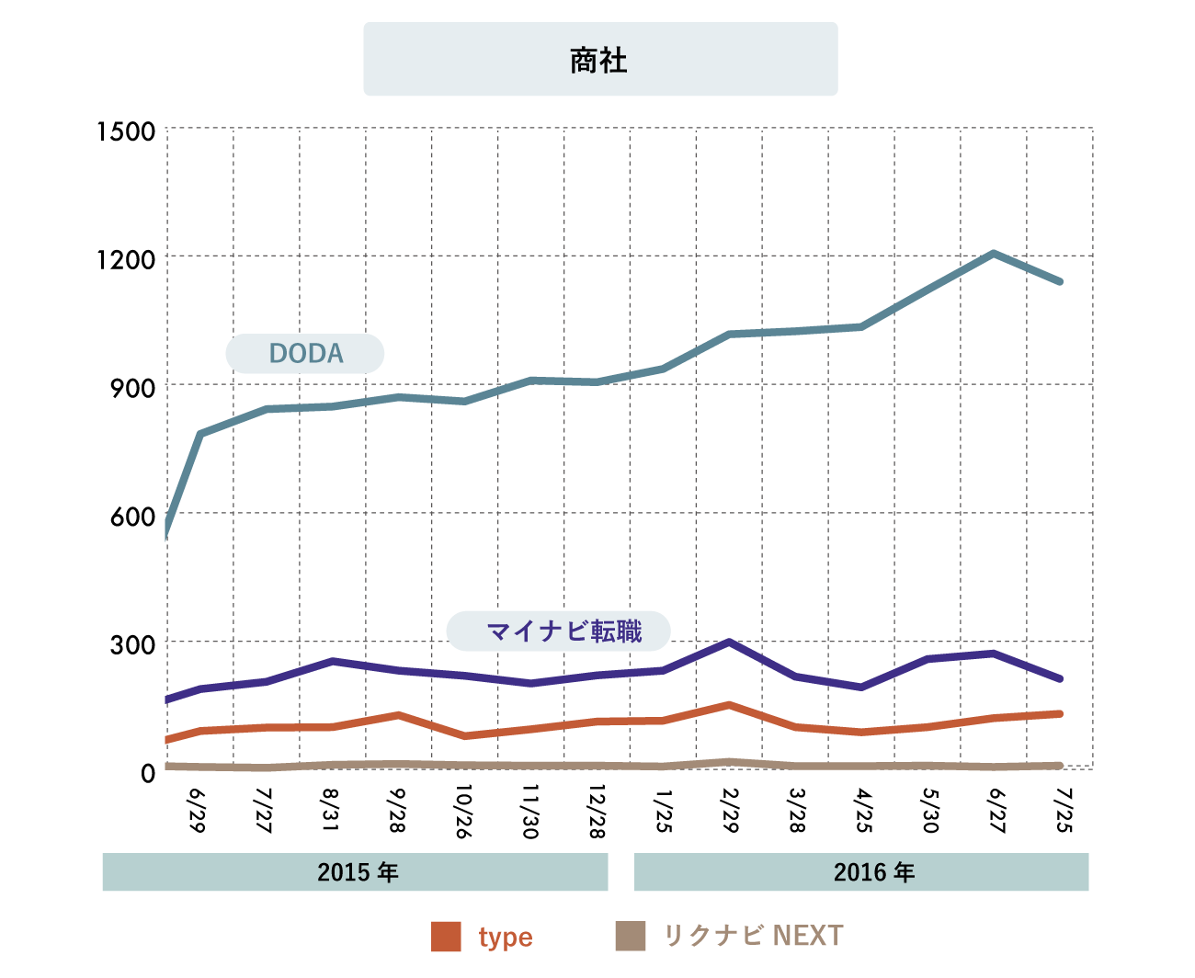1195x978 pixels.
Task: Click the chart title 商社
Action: [x=599, y=61]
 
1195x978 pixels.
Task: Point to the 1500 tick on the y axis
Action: [x=127, y=131]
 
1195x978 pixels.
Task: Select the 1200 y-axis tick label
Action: [x=127, y=260]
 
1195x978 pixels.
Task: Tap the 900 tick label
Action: [x=133, y=389]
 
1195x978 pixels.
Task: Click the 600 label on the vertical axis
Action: [x=133, y=517]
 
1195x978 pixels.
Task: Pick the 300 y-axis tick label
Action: [x=133, y=645]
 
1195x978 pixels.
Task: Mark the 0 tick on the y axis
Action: [x=148, y=774]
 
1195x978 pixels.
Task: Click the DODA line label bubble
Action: [x=305, y=354]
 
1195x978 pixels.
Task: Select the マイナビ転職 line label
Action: [x=559, y=631]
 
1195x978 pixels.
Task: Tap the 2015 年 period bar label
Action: [x=357, y=872]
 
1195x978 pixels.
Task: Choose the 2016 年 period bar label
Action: [x=873, y=872]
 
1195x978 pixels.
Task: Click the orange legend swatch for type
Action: [x=446, y=937]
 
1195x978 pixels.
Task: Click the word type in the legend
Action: [x=506, y=938]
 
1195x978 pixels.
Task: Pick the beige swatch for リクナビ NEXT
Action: [x=630, y=937]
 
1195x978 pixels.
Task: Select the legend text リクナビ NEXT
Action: [x=753, y=936]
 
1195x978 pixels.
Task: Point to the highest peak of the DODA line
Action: [x=994, y=253]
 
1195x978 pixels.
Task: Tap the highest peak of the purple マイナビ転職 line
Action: [x=729, y=642]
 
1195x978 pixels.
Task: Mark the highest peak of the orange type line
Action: [x=729, y=705]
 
